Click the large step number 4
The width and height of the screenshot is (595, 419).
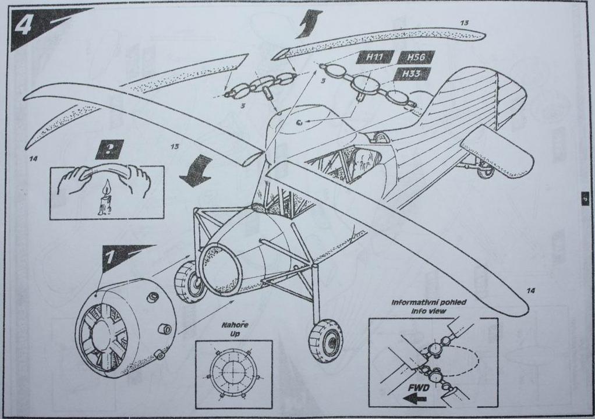tap(25, 25)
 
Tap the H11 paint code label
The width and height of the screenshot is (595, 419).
tap(375, 58)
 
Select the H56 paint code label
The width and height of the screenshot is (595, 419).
tap(416, 58)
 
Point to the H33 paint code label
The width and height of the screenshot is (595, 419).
tap(411, 74)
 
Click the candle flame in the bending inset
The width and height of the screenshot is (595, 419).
tap(105, 188)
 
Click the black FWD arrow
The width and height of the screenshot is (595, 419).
tap(414, 398)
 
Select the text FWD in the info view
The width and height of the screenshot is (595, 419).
tap(419, 387)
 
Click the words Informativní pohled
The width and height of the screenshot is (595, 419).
tap(428, 303)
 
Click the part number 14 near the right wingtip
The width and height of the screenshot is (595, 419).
tap(530, 290)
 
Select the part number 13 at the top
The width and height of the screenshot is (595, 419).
tap(464, 23)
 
